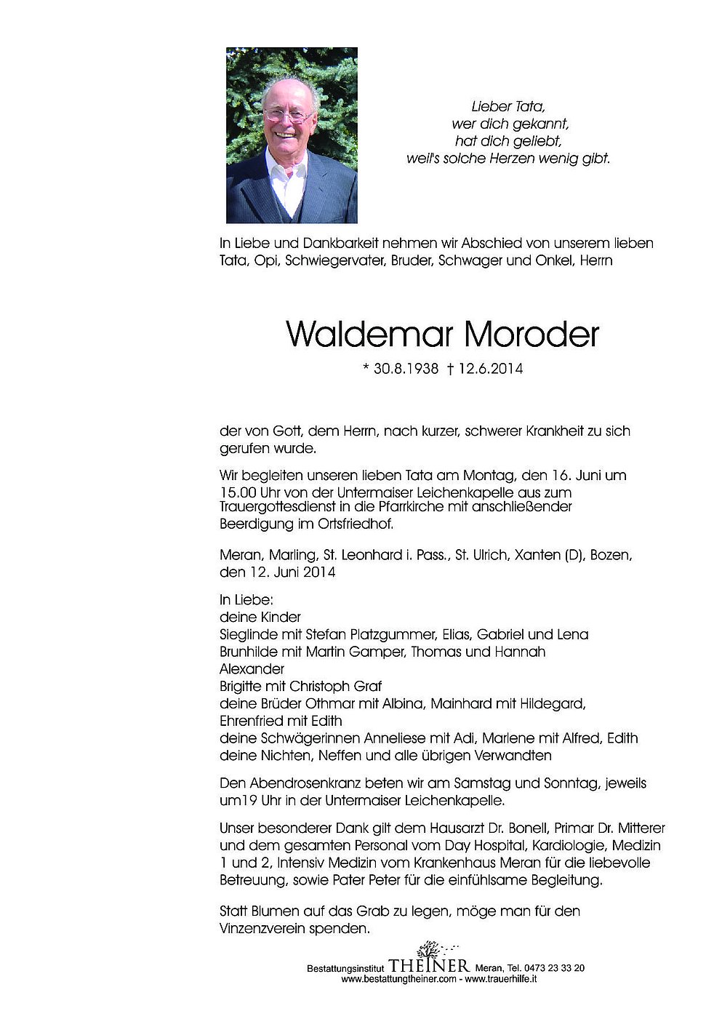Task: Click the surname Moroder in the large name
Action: click(x=531, y=335)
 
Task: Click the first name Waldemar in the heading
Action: click(x=371, y=335)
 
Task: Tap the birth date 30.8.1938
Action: click(x=406, y=369)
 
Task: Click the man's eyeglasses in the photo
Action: click(x=288, y=115)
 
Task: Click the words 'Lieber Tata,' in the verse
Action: click(x=508, y=107)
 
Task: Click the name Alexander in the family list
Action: click(x=252, y=668)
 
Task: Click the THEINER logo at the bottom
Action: click(x=429, y=964)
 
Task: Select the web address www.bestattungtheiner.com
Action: click(x=398, y=979)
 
